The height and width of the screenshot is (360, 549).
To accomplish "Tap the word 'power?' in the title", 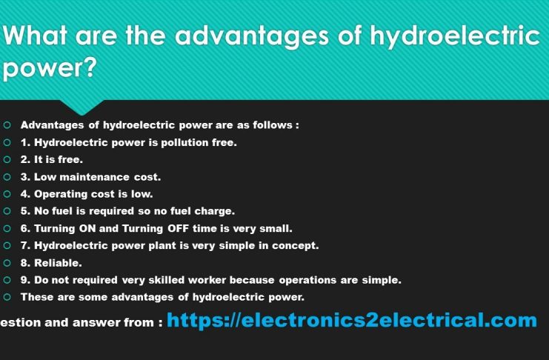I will [50, 70].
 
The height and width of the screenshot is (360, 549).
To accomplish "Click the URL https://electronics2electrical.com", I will [352, 321].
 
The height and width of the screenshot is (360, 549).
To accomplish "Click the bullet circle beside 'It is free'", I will [7, 159].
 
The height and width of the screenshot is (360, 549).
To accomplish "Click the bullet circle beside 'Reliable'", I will [7, 262].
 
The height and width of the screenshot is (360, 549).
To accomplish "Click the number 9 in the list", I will [24, 280].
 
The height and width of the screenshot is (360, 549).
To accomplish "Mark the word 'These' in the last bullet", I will [36, 297].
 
